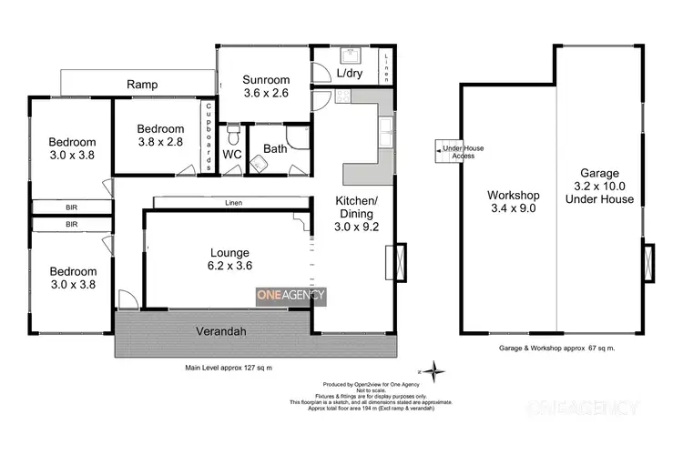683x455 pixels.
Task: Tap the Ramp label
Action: (142, 85)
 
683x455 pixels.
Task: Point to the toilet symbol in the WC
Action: (233, 137)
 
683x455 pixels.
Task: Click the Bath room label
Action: (275, 149)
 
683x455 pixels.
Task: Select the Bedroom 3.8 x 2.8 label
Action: (160, 136)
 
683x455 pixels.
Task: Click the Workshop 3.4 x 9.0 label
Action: (514, 201)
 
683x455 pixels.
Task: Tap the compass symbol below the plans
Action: (437, 371)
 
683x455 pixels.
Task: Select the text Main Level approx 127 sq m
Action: (229, 368)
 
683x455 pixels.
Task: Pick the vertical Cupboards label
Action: (209, 136)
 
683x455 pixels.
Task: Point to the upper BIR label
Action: (71, 207)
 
